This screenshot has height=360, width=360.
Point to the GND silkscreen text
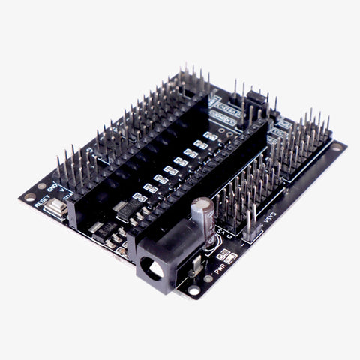55,184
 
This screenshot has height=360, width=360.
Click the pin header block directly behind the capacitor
240,187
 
